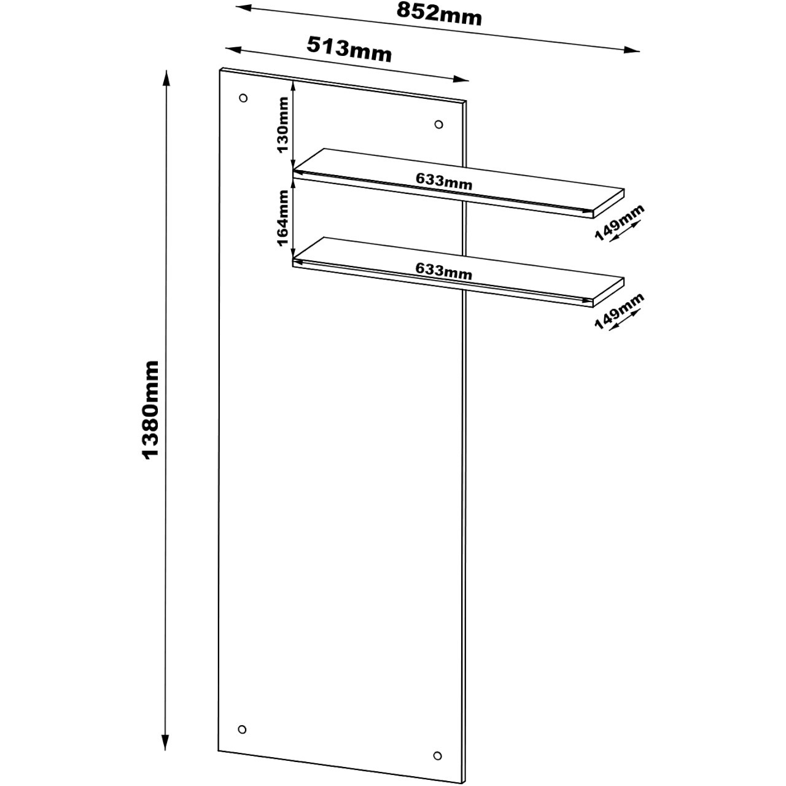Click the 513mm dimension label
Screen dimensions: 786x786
pyautogui.click(x=349, y=50)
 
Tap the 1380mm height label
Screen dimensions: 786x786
pyautogui.click(x=150, y=410)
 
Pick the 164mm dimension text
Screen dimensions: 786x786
pyautogui.click(x=283, y=217)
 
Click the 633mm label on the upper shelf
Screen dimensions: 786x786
pyautogui.click(x=443, y=181)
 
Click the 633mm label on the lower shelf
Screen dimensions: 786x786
pyautogui.click(x=443, y=271)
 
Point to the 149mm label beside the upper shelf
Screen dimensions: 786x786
pyautogui.click(x=620, y=223)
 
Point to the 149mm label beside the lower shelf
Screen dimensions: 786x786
pyautogui.click(x=620, y=312)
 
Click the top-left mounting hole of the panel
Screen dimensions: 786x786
pyautogui.click(x=243, y=98)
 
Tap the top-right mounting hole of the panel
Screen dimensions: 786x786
pyautogui.click(x=438, y=125)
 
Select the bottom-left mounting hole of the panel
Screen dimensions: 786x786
pyautogui.click(x=242, y=730)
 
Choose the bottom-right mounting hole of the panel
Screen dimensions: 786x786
pyautogui.click(x=437, y=755)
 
